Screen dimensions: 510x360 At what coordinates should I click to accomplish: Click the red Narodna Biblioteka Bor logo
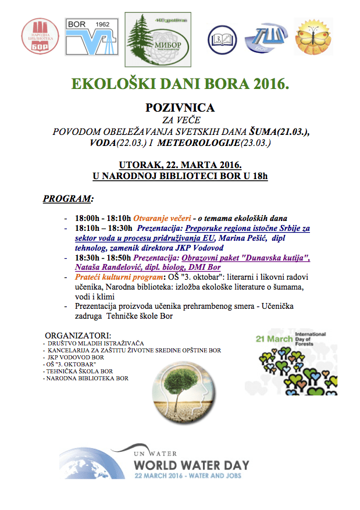click(41, 36)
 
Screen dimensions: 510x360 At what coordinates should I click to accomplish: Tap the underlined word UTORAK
click(140, 164)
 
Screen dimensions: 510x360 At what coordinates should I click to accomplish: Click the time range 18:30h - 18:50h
click(104, 258)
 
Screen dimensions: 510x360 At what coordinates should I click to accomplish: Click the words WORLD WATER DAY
click(191, 465)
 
